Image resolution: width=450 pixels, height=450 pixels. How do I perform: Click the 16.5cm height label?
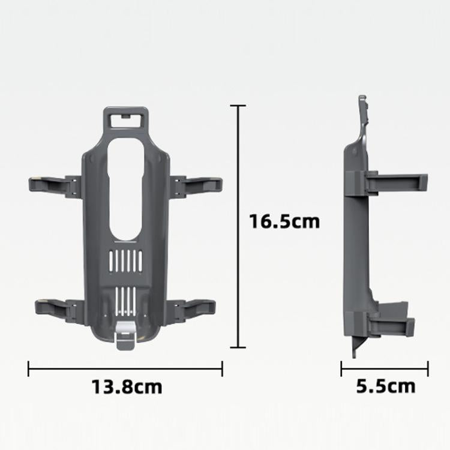tap(284, 221)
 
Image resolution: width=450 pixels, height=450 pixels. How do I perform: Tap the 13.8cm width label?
tap(127, 386)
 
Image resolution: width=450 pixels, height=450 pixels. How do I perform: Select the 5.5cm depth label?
tap(385, 386)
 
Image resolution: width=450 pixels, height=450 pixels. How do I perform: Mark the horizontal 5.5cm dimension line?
tap(385, 368)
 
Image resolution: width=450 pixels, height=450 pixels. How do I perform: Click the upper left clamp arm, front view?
tap(53, 184)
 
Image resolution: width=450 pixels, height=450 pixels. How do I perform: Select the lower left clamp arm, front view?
tap(53, 307)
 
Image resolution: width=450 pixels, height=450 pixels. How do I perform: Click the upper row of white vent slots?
tap(126, 260)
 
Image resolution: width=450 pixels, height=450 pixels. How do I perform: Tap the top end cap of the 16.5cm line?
tap(239, 106)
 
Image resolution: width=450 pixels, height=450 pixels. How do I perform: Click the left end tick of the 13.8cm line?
tap(29, 368)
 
